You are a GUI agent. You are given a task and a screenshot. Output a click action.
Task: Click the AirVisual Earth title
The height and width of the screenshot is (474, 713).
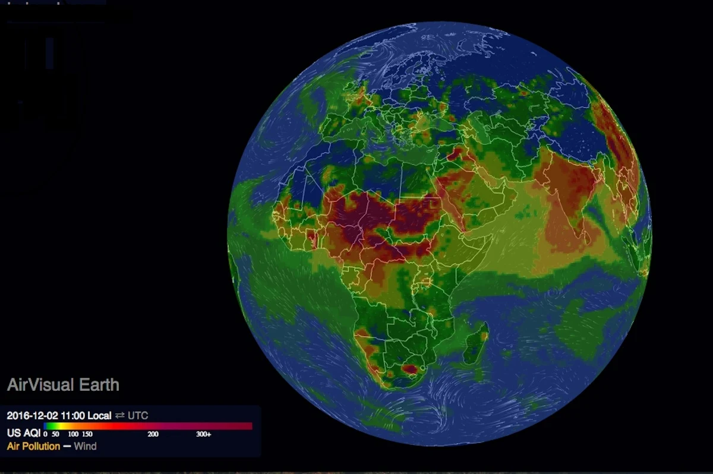pyautogui.click(x=63, y=385)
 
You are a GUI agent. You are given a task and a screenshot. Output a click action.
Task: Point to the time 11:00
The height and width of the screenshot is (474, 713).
pyautogui.click(x=66, y=415)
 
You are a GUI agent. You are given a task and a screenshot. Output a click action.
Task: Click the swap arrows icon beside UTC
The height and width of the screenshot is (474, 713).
pyautogui.click(x=119, y=415)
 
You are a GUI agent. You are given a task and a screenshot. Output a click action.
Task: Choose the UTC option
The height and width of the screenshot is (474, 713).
pyautogui.click(x=138, y=415)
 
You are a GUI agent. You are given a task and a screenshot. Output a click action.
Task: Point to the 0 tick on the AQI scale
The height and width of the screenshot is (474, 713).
pyautogui.click(x=45, y=434)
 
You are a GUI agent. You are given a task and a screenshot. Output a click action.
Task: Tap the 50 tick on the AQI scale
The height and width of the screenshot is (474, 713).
pyautogui.click(x=55, y=434)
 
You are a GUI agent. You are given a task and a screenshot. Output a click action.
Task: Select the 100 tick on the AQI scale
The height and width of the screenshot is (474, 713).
pyautogui.click(x=73, y=434)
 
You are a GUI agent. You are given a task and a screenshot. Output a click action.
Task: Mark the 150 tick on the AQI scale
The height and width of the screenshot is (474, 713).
pyautogui.click(x=87, y=434)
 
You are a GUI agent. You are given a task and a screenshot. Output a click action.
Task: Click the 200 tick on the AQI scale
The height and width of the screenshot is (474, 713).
pyautogui.click(x=153, y=434)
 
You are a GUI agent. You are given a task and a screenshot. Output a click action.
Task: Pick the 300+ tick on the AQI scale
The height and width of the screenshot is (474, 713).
pyautogui.click(x=203, y=434)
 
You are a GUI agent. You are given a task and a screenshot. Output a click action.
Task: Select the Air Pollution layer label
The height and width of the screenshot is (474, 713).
pyautogui.click(x=33, y=446)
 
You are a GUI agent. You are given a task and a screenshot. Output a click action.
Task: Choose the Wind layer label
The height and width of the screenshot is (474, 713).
pyautogui.click(x=85, y=446)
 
